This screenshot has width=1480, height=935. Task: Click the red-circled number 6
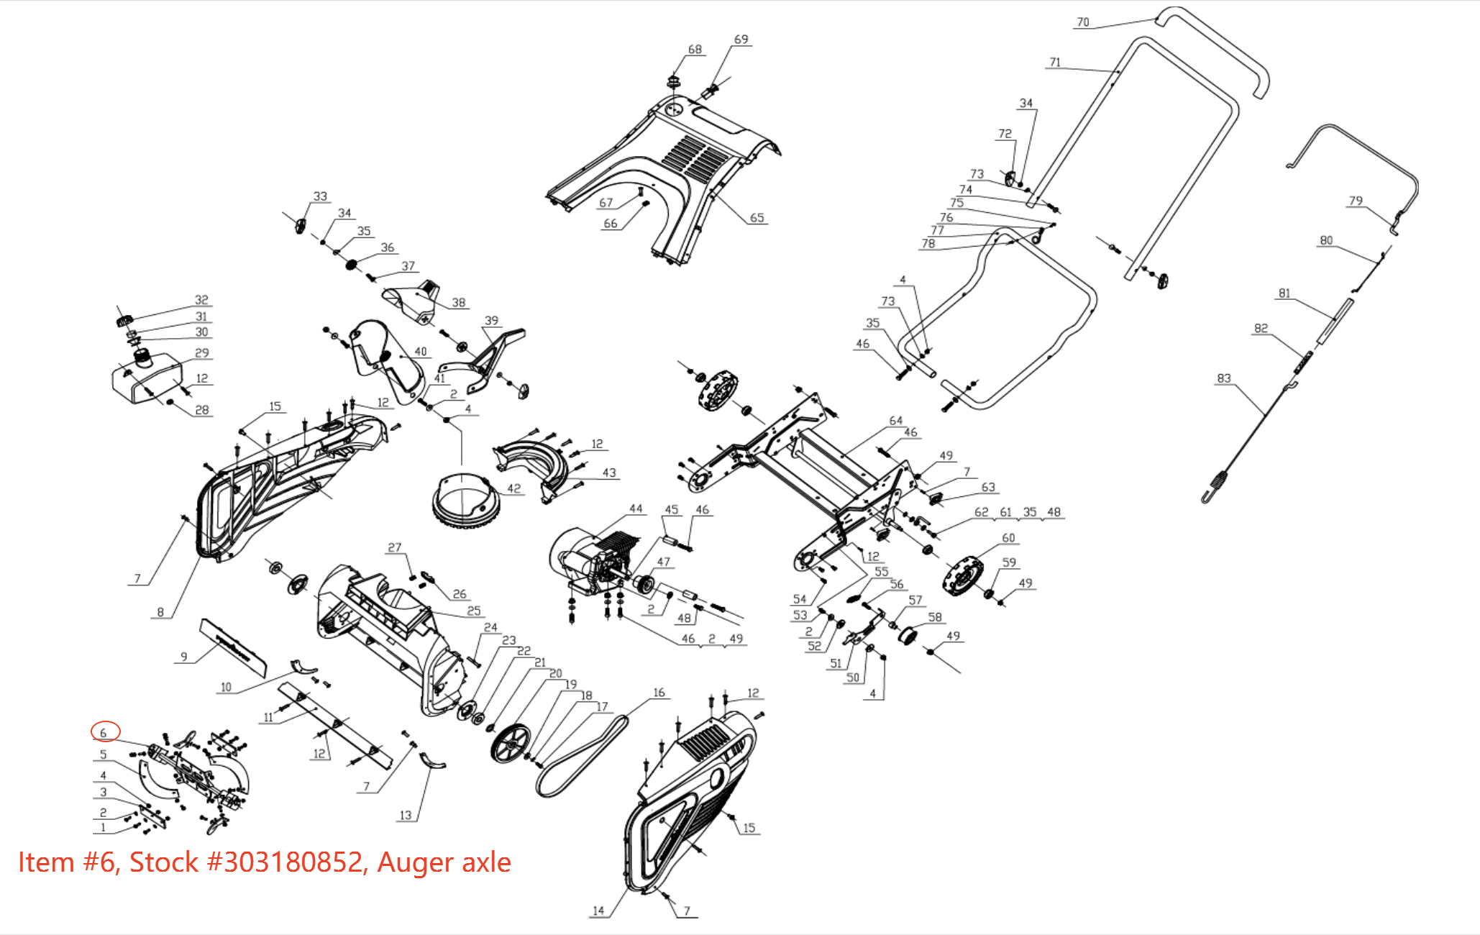(x=104, y=732)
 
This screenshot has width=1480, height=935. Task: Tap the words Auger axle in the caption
(x=444, y=862)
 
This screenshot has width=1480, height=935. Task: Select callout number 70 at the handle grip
(x=1082, y=22)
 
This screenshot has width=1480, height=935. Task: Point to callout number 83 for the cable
(x=1223, y=378)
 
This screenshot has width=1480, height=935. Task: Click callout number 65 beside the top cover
(x=757, y=217)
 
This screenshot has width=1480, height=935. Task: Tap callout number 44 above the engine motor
(x=636, y=508)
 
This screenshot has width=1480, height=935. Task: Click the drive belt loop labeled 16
(x=583, y=755)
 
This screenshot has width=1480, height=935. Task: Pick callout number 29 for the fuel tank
(x=202, y=353)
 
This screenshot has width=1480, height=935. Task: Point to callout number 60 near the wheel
(x=1008, y=538)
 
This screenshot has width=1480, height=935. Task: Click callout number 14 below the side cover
(x=598, y=911)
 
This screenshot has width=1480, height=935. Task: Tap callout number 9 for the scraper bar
(x=184, y=657)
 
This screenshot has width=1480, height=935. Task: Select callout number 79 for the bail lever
(x=1355, y=201)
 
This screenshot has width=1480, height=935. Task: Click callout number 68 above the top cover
(x=694, y=50)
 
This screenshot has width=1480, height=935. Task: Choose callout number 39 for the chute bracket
(x=491, y=321)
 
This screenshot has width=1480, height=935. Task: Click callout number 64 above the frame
(x=895, y=421)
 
